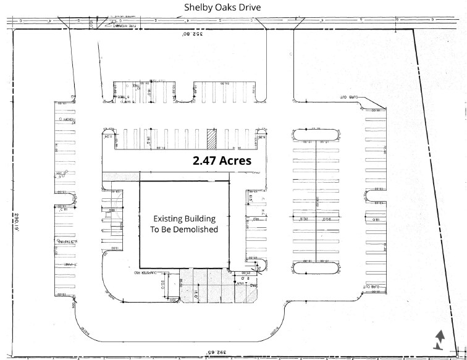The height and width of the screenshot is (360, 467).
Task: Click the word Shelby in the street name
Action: (199, 7)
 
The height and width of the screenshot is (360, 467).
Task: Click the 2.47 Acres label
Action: (221, 161)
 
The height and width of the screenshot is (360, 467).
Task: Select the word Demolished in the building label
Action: (200, 228)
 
